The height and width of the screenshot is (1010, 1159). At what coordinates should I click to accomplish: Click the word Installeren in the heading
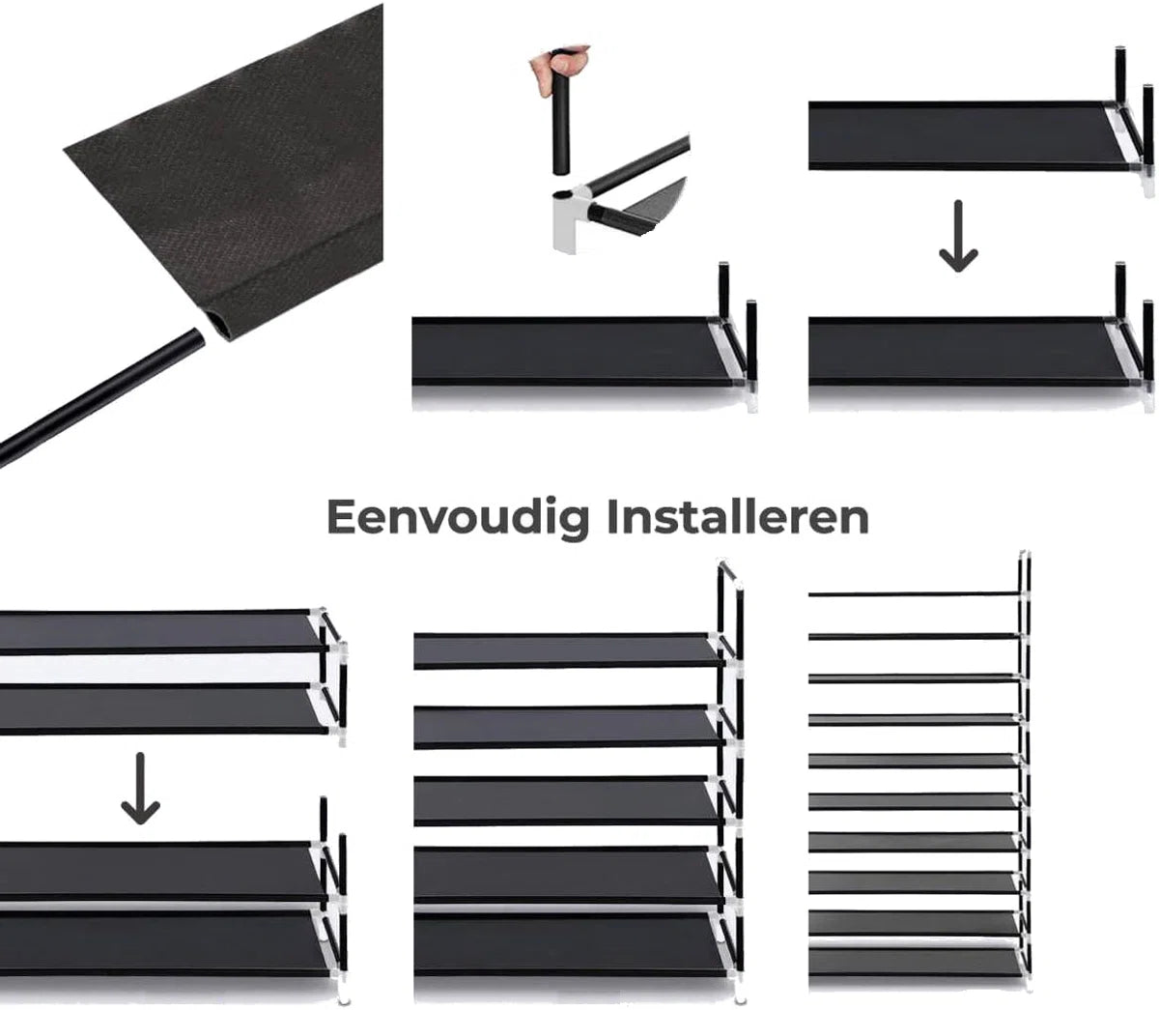(738, 517)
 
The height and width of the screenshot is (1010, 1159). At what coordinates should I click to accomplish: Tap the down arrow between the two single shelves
(958, 237)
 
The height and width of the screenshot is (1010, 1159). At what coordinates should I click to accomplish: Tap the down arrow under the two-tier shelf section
(140, 789)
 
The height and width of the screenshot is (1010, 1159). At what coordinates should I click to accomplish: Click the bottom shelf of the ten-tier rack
(913, 962)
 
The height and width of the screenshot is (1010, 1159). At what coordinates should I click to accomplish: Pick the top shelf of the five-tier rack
(567, 650)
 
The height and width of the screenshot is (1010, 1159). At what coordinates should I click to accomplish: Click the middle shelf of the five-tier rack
(567, 800)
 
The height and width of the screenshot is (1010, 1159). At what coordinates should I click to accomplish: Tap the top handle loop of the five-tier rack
(730, 571)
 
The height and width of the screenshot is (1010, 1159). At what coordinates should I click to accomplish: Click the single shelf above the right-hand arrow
(963, 135)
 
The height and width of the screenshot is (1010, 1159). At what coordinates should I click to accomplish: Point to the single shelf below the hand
(572, 352)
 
